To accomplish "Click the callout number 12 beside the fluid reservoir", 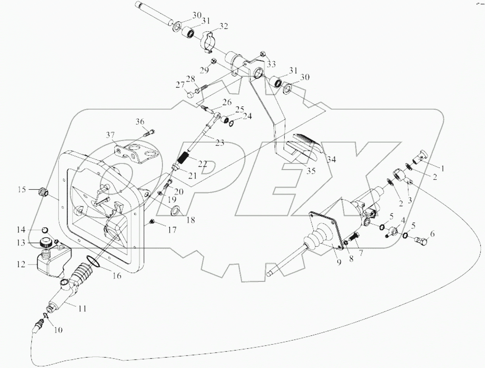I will coord(21,264).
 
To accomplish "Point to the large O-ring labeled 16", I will coord(93,261).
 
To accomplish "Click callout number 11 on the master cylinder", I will coord(81,309).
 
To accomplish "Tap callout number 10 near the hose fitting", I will coord(58,330).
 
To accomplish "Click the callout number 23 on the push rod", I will coord(220,143).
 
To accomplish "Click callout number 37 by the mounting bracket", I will coord(111,135).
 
